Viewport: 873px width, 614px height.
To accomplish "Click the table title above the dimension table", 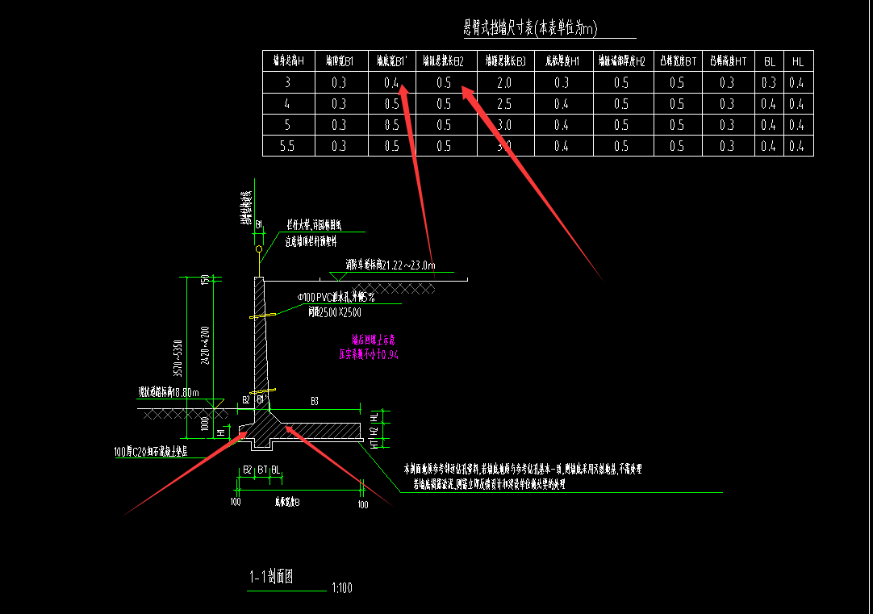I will pyautogui.click(x=530, y=29).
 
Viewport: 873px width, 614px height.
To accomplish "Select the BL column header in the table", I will pyautogui.click(x=770, y=61).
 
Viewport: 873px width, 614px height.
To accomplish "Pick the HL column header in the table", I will pyautogui.click(x=798, y=61).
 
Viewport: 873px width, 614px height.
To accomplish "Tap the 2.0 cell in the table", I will pyautogui.click(x=504, y=82).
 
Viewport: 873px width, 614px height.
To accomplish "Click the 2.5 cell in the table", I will pyautogui.click(x=504, y=104).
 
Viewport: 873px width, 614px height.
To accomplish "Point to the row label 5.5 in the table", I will pyautogui.click(x=287, y=146).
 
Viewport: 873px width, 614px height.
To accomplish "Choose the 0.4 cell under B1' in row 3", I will pyautogui.click(x=392, y=82).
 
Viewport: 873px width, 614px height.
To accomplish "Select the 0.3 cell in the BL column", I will pyautogui.click(x=769, y=82).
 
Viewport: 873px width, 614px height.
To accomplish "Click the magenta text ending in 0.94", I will pyautogui.click(x=369, y=353).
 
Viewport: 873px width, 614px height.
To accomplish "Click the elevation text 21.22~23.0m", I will pyautogui.click(x=391, y=265).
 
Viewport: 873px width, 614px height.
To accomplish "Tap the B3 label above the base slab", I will pyautogui.click(x=315, y=400).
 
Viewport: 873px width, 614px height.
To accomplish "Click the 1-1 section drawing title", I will pyautogui.click(x=272, y=577).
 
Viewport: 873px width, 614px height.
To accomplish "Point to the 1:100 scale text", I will pyautogui.click(x=342, y=588).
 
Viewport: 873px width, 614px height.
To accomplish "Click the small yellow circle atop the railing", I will pyautogui.click(x=258, y=249).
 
